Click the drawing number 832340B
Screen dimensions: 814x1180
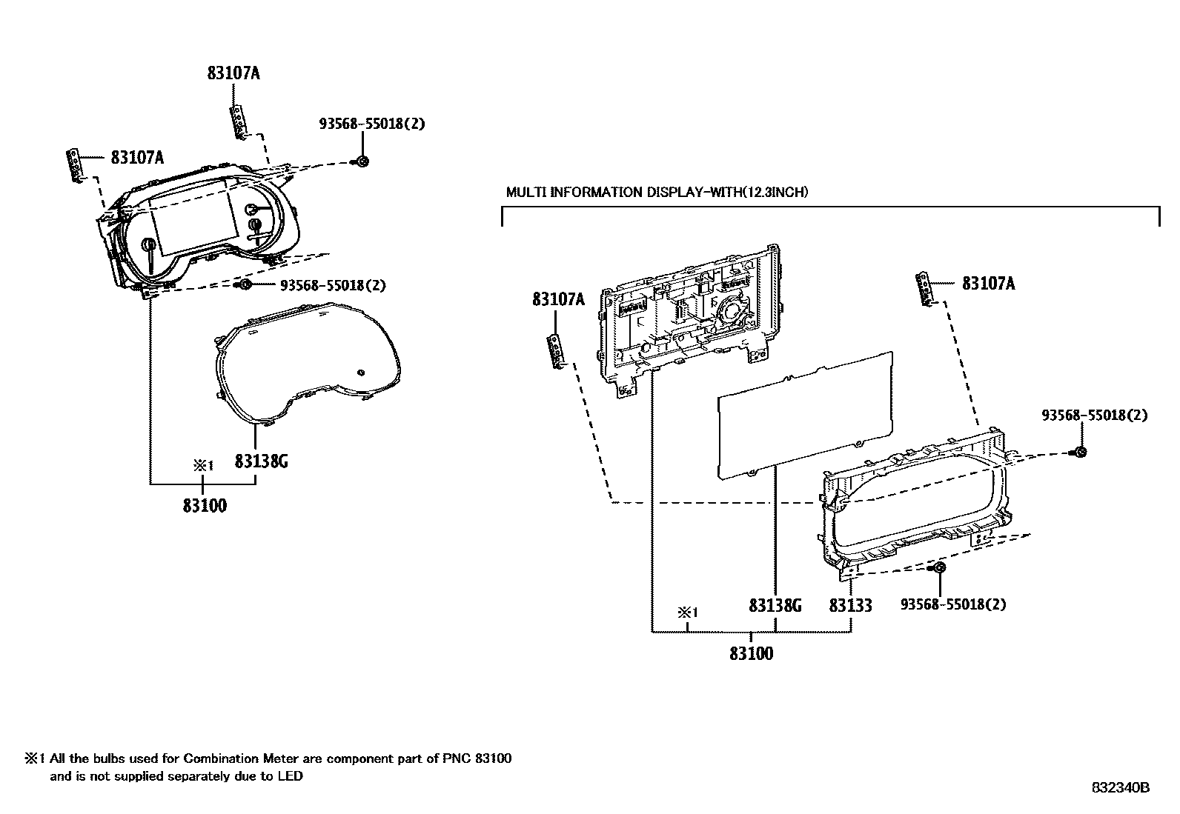[1119, 788]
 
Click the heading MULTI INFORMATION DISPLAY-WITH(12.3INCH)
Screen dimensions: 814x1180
[657, 192]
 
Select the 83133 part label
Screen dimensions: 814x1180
[850, 605]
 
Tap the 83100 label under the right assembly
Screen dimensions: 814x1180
[751, 653]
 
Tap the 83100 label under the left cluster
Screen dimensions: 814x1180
[205, 506]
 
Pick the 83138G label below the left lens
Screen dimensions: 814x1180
[261, 461]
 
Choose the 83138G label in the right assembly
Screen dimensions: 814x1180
[775, 605]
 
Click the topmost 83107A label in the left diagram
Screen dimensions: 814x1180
[233, 73]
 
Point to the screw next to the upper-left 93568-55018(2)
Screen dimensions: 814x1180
[362, 161]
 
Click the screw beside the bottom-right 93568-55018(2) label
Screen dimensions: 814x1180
[938, 568]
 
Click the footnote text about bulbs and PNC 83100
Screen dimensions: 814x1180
[268, 767]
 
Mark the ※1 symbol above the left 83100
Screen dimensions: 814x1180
[203, 465]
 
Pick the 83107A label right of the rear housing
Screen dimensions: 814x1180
[988, 283]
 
